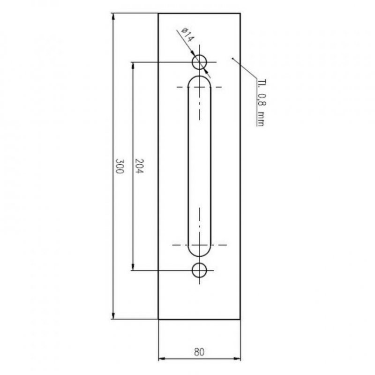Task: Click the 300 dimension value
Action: tap(119, 166)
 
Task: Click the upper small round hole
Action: tap(200, 62)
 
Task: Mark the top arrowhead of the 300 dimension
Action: tap(113, 17)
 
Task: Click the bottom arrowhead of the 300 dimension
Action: tap(113, 316)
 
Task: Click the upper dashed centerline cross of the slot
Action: tap(200, 87)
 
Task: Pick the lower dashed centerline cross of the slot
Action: tap(200, 245)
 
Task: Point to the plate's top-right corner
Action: tap(241, 14)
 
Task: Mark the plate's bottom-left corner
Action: tap(158, 319)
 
